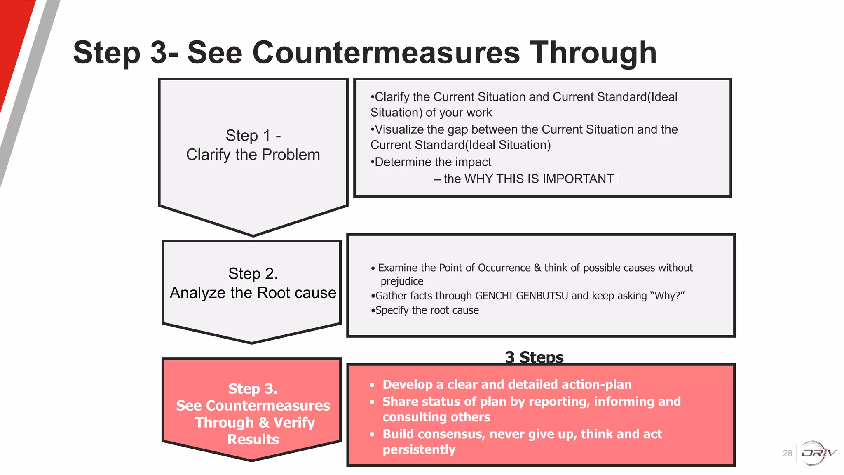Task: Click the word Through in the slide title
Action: (x=593, y=53)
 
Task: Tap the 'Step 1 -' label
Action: (x=253, y=136)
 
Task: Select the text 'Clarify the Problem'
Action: (x=253, y=155)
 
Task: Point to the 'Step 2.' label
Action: (x=253, y=274)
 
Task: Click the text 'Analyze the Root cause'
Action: (x=253, y=293)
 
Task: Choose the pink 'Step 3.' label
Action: (x=253, y=389)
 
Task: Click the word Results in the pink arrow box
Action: (x=253, y=440)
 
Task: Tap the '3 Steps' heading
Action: (x=534, y=357)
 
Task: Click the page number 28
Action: (x=787, y=454)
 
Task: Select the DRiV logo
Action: (x=818, y=453)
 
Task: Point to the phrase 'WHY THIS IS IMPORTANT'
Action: (x=539, y=179)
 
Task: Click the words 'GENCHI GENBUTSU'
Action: (x=521, y=296)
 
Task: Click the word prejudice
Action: (x=402, y=282)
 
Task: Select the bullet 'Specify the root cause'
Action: (x=427, y=310)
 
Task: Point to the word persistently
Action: (x=419, y=450)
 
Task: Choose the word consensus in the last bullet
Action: (x=449, y=434)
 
